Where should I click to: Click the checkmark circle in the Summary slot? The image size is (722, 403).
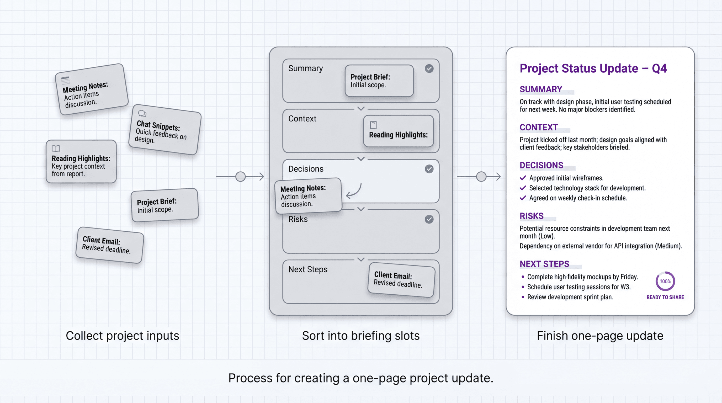point(429,68)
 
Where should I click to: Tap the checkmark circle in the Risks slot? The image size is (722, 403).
point(429,219)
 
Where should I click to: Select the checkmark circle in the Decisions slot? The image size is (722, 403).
point(429,169)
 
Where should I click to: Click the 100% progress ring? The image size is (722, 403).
point(665,281)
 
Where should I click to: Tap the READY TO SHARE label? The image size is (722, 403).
point(665,297)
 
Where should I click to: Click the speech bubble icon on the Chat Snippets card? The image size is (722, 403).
point(142,113)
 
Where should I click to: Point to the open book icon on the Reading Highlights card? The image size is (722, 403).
point(56,148)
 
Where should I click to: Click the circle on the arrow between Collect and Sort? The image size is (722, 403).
point(241,177)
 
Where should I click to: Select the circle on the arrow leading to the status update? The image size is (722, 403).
point(481,177)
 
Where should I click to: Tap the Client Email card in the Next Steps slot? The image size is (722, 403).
point(401,279)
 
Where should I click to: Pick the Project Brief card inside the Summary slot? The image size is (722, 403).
point(379,81)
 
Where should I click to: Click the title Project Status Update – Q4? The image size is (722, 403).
point(593,68)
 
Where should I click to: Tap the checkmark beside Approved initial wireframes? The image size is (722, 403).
point(523,178)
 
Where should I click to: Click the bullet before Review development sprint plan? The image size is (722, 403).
point(523,297)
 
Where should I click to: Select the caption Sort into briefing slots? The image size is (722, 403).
point(361,336)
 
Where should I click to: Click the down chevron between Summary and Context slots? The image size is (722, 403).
point(361,108)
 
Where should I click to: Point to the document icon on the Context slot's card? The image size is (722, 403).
point(373,125)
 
